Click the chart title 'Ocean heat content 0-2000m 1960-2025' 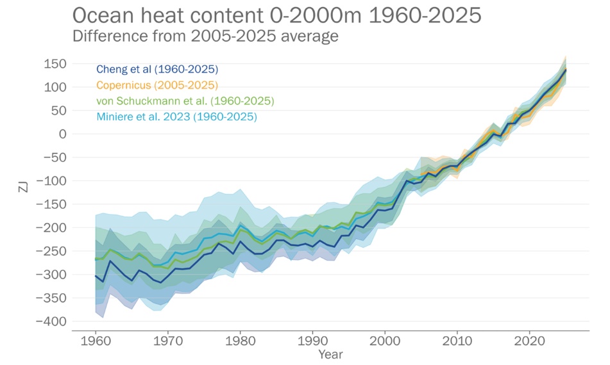(276, 15)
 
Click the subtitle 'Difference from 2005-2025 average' (205, 36)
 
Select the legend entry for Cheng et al (157, 69)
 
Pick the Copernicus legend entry (157, 85)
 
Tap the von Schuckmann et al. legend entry (185, 101)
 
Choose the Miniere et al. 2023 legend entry (176, 117)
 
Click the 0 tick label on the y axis (63, 134)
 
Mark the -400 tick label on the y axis (51, 321)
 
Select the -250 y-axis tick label (51, 251)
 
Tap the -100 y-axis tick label (51, 181)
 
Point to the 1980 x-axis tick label (240, 340)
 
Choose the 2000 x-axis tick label (385, 340)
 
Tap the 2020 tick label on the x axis (530, 340)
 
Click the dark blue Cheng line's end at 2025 (566, 70)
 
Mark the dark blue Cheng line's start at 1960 (96, 276)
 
